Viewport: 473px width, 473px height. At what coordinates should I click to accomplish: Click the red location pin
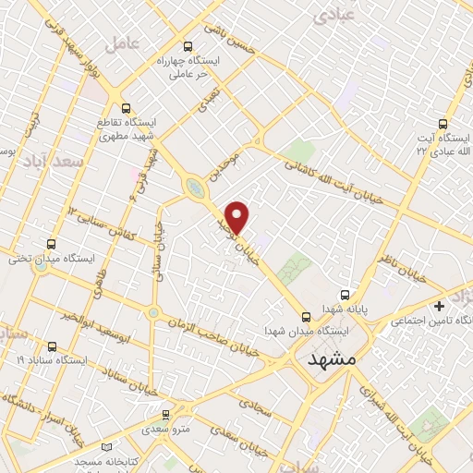238,217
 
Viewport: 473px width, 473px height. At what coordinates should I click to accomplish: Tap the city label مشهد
330,358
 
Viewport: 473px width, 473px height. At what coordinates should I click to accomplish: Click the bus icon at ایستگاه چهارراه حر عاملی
188,45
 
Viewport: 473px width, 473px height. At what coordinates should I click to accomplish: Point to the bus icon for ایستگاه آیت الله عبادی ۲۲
444,123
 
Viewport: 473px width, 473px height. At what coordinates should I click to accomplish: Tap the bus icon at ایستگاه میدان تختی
50,245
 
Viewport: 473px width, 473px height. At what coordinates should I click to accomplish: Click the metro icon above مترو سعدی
166,415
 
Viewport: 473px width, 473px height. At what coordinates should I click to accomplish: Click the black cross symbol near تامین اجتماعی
438,306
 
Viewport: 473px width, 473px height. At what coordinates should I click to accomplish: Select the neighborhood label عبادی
334,15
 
